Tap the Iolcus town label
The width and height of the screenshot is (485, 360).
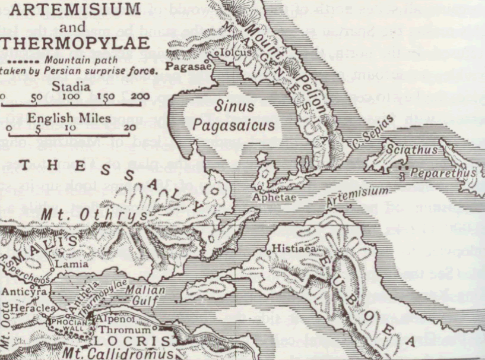pos(233,52)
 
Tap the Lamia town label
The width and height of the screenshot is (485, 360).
pos(66,263)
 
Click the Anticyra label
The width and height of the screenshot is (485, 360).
pos(20,292)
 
